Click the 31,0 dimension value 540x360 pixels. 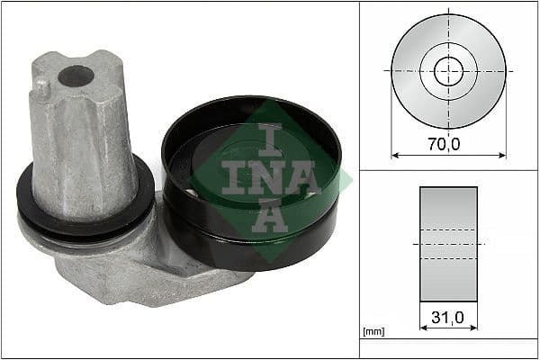point(447,317)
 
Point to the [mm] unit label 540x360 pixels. point(373,332)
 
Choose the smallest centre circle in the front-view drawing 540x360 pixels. point(448,70)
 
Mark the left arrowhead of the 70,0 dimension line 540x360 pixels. point(395,155)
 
